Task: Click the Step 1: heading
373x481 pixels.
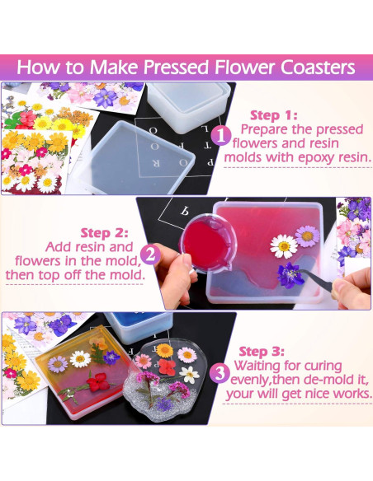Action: point(273,115)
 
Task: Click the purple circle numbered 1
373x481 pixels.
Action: point(220,135)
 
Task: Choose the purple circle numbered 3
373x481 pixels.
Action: point(219,373)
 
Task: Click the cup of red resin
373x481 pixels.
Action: point(202,235)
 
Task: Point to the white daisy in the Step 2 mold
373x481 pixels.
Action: point(284,244)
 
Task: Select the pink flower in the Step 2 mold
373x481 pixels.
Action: point(308,236)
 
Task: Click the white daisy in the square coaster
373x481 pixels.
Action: point(80,359)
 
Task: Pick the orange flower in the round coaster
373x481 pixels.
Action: point(166,349)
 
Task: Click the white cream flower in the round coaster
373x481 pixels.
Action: point(190,374)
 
